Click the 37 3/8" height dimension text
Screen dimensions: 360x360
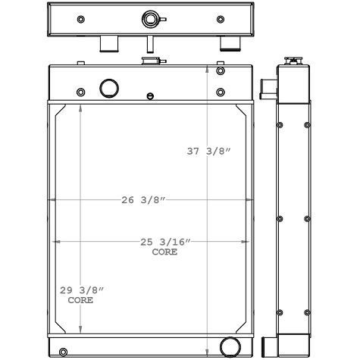point(208,152)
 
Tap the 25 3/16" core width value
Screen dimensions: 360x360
point(164,243)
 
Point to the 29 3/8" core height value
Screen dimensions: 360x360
point(81,290)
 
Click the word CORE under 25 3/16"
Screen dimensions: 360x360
point(164,252)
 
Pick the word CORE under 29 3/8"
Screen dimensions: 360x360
point(80,300)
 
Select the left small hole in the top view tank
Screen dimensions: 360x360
point(81,19)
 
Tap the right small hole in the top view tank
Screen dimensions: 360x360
point(221,19)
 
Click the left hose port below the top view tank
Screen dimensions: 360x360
point(109,45)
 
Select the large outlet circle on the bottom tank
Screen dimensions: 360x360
point(228,347)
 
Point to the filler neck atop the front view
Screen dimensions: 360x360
point(152,61)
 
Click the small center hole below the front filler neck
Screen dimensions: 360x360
point(150,97)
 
